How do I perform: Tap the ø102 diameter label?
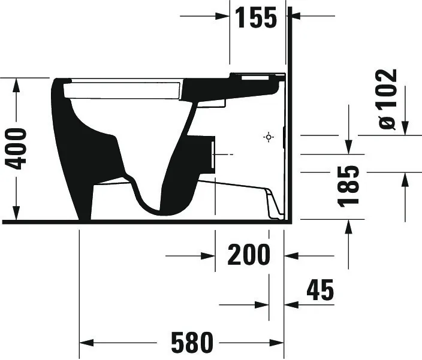click(x=388, y=99)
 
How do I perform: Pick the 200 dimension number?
click(x=249, y=256)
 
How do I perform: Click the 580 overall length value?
click(x=192, y=343)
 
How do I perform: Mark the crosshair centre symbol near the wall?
click(x=269, y=137)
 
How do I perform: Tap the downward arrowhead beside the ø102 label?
click(x=405, y=128)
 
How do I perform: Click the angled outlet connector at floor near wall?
click(x=273, y=204)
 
